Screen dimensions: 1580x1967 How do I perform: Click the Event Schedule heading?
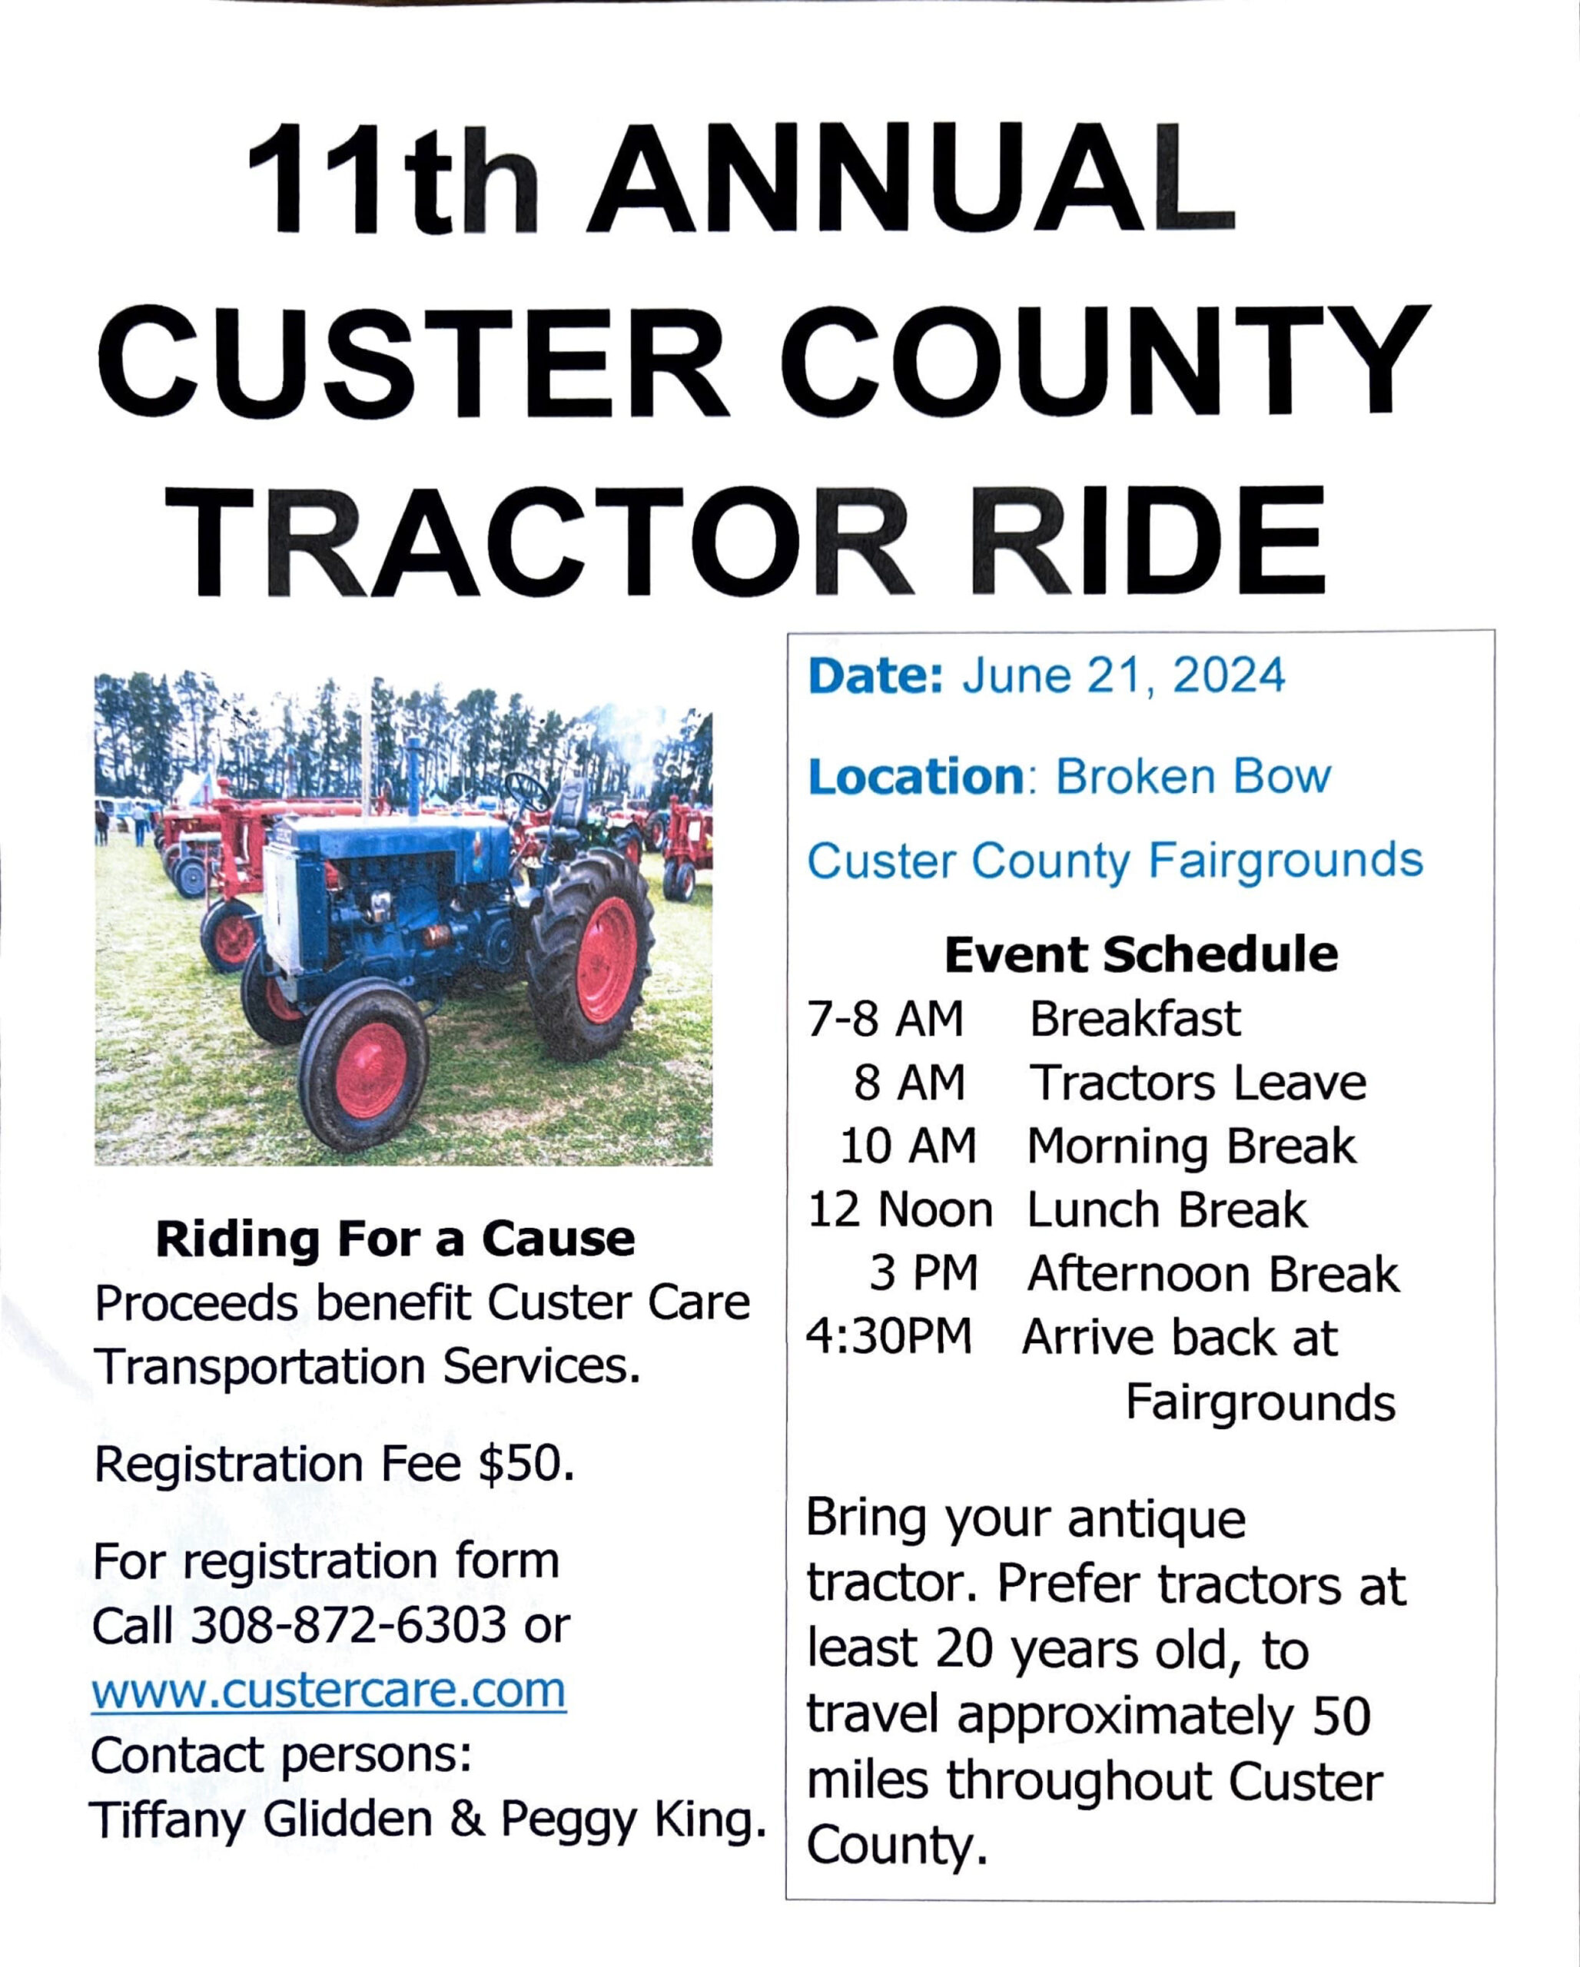[1141, 954]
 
